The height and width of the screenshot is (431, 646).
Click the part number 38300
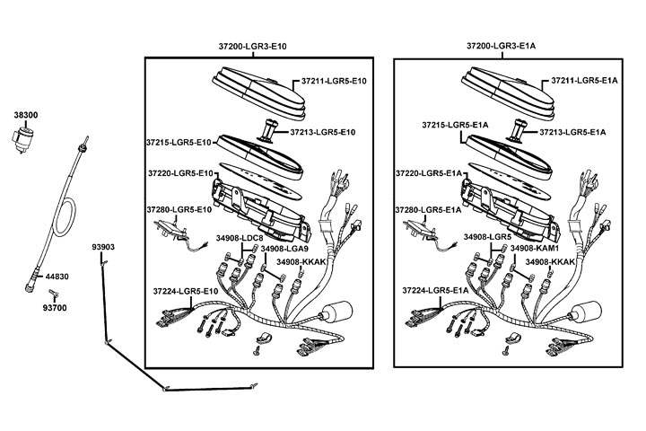tap(25, 116)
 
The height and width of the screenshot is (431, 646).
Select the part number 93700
tap(55, 307)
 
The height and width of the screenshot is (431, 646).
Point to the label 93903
tap(103, 245)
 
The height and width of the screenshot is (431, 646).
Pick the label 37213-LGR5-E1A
tap(575, 132)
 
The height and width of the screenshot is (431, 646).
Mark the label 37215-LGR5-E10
tap(178, 142)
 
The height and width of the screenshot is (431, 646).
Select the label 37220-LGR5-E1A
tap(429, 172)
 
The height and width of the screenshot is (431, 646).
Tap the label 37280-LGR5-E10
tap(179, 209)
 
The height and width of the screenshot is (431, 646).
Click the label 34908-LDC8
tap(240, 238)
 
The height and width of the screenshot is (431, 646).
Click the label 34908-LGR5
tap(487, 238)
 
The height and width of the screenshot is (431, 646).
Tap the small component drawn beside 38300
tap(25, 138)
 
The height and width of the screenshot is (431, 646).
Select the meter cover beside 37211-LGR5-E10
tap(256, 92)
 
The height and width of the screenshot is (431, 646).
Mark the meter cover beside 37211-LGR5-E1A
tap(505, 92)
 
